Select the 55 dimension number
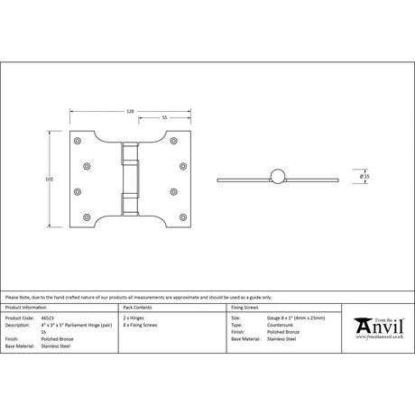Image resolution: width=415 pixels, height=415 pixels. coord(165,117)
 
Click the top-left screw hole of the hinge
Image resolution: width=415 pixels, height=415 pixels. coord(78,143)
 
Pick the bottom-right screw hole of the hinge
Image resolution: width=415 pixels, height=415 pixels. coord(186,216)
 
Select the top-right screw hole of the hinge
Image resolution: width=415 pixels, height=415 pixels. coord(186,143)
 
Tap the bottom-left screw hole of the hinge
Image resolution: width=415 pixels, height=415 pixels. coord(78,216)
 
